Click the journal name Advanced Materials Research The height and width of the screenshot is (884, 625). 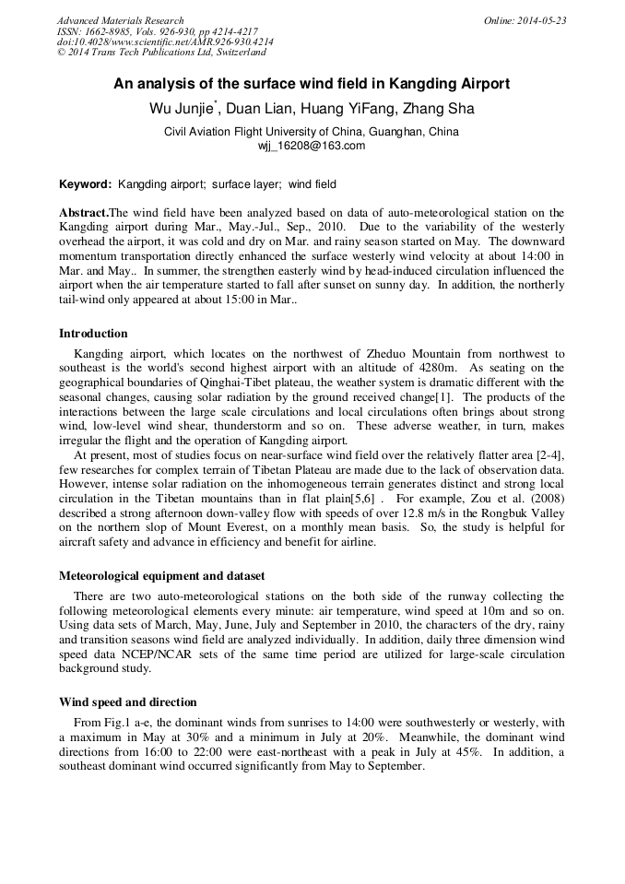coord(120,20)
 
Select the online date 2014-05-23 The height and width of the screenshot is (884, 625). coord(525,20)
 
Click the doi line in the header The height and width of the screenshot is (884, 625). coord(165,42)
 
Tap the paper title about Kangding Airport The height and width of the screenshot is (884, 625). coord(312,83)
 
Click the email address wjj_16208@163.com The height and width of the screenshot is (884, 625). coord(312,146)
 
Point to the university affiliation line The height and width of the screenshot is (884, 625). coord(312,132)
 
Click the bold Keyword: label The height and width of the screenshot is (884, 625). coord(85,184)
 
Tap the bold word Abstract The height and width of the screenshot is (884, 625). coord(82,212)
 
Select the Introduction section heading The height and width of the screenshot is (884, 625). coord(93,334)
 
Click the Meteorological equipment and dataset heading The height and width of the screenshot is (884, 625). coord(161,575)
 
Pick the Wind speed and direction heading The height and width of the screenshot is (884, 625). coord(127,702)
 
